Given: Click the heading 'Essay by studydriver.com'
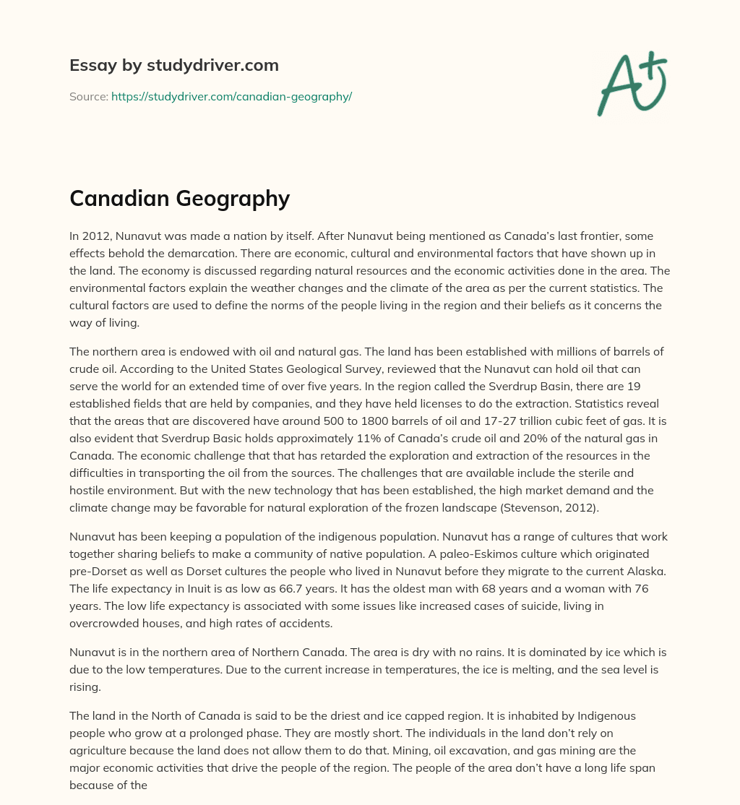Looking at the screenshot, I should click(173, 66).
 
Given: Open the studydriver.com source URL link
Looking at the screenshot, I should click(231, 96).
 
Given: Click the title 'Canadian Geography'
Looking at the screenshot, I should click(179, 198).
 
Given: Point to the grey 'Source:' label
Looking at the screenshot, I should click(88, 96).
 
